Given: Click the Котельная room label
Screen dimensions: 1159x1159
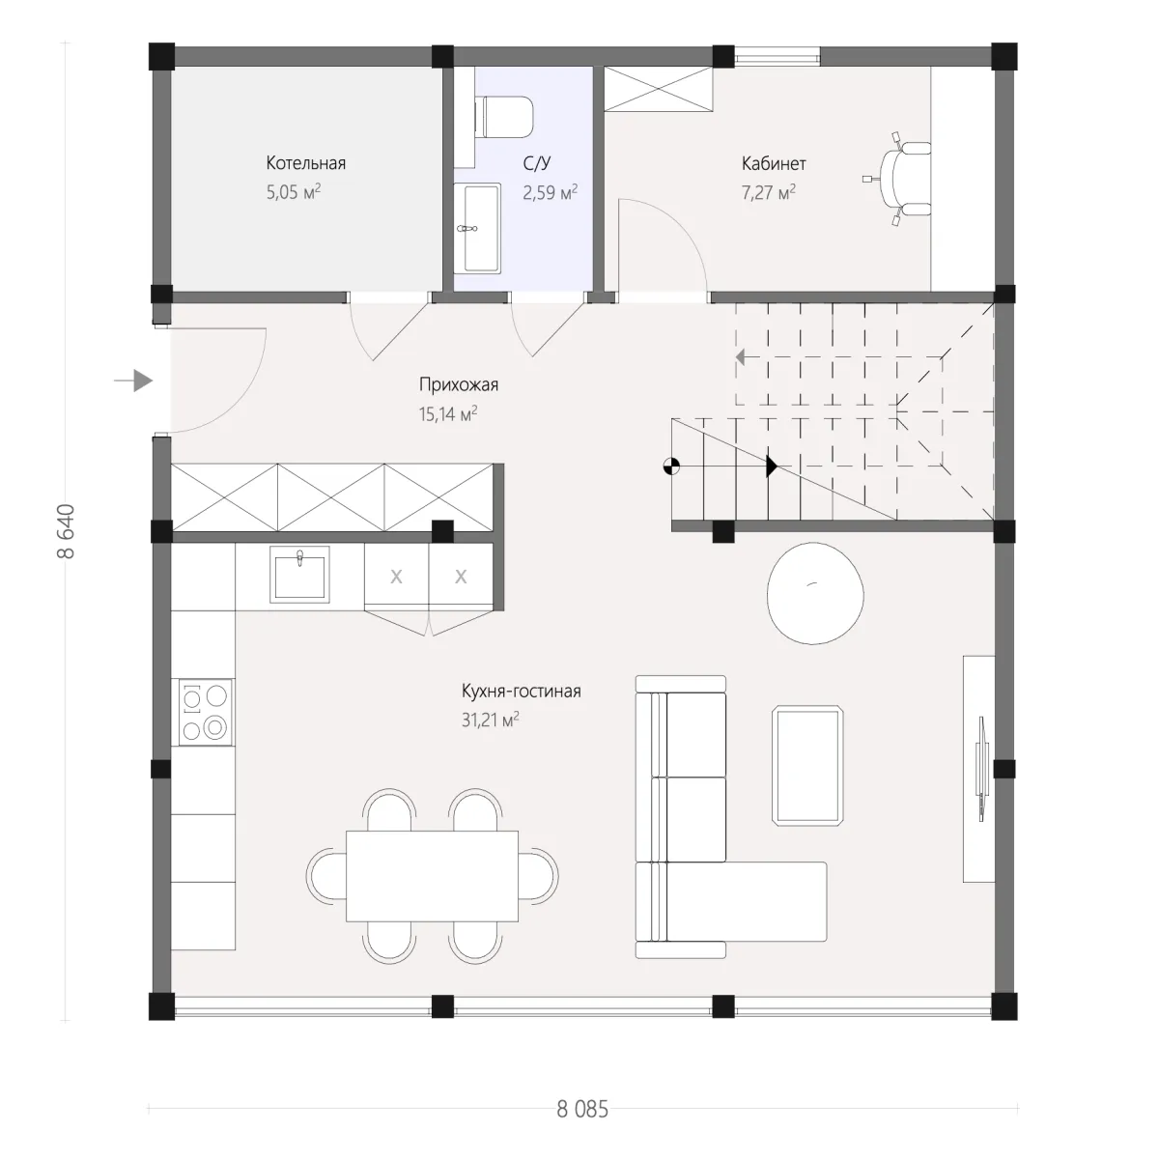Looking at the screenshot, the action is tap(305, 163).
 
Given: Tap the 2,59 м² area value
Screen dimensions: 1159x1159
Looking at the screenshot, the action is tap(550, 192).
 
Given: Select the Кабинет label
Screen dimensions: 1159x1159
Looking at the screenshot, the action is tap(774, 163).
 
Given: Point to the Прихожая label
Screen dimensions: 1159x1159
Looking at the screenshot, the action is tap(459, 385).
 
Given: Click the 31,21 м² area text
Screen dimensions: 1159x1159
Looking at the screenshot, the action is tap(491, 720).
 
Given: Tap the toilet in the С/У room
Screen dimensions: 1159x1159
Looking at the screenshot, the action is tap(504, 117).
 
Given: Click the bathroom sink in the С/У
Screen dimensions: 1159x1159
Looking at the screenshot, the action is tap(477, 229).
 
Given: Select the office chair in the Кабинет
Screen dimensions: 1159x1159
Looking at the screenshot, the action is tap(898, 180).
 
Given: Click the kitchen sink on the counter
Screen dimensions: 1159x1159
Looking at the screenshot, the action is tap(299, 575).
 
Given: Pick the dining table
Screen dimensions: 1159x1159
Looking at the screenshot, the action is tap(432, 876).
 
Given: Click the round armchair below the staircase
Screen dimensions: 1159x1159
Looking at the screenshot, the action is tap(815, 593).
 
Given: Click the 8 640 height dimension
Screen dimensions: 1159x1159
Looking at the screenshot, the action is tap(67, 531).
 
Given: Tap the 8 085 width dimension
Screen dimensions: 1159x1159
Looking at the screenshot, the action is tap(582, 1109).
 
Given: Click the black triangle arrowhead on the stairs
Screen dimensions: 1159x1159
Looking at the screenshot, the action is tap(772, 466).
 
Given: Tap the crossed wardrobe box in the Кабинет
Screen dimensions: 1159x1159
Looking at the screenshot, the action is tap(658, 89).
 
